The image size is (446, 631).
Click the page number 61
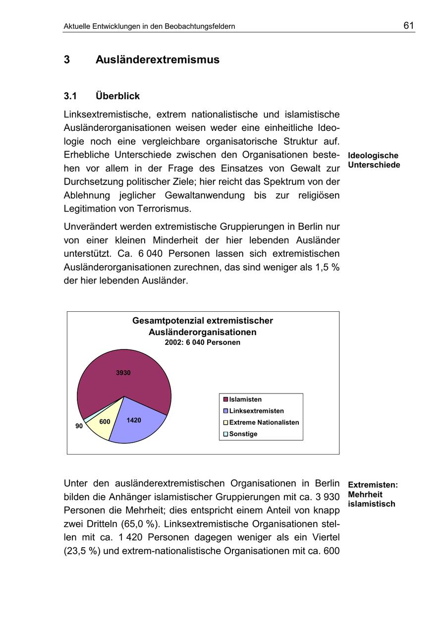coord(408,26)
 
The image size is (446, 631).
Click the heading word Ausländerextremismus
coord(157,60)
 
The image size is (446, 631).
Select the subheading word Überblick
coord(117,96)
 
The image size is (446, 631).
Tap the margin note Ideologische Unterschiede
coord(374,160)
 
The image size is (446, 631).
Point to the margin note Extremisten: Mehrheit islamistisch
coord(373,494)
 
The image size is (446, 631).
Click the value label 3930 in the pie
coord(123,373)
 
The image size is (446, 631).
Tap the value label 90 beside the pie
coord(79,426)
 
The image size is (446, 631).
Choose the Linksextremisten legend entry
coord(256,411)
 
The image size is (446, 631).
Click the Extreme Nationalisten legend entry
coord(264,422)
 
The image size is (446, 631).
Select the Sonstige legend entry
coord(243,434)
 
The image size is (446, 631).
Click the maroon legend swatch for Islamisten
coord(225,400)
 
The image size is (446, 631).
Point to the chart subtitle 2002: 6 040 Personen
coord(202,343)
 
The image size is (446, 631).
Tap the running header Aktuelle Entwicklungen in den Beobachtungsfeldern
coord(149,26)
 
